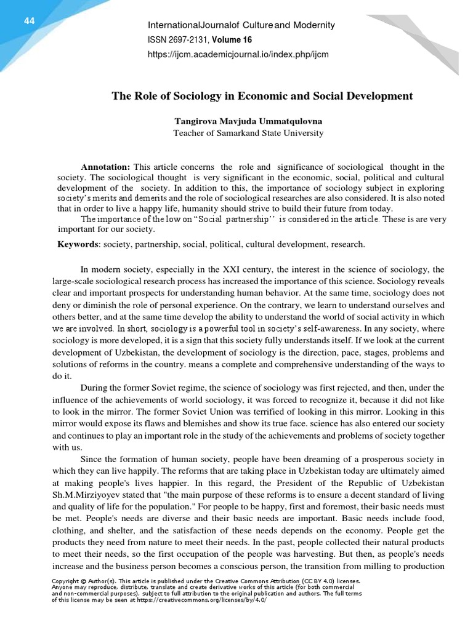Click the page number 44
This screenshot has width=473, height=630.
pos(29,21)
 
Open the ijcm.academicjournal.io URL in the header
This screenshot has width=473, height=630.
pos(238,54)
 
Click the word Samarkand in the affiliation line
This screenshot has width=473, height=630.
pos(248,132)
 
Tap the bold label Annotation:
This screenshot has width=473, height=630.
pos(105,167)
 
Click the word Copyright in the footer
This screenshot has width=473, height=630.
pos(65,580)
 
